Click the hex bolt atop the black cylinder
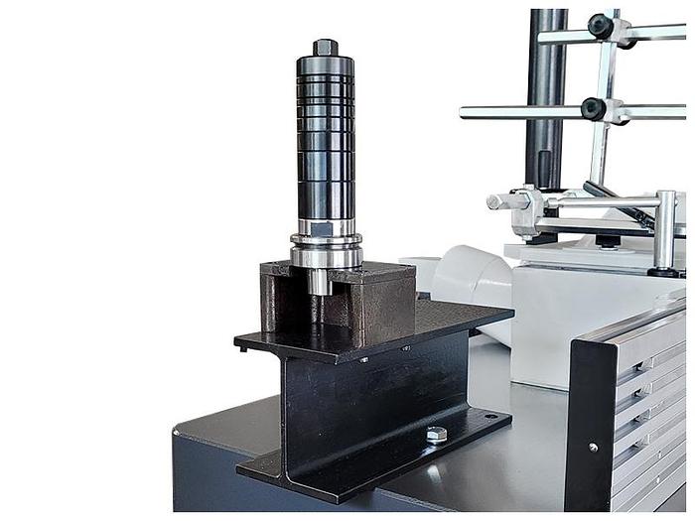(325, 47)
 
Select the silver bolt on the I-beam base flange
(436, 435)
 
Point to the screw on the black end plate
(594, 448)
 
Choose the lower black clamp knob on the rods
(595, 108)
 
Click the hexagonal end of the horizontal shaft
(494, 201)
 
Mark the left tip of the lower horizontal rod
(465, 112)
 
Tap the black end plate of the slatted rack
(594, 417)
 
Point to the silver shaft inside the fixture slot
(320, 282)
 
